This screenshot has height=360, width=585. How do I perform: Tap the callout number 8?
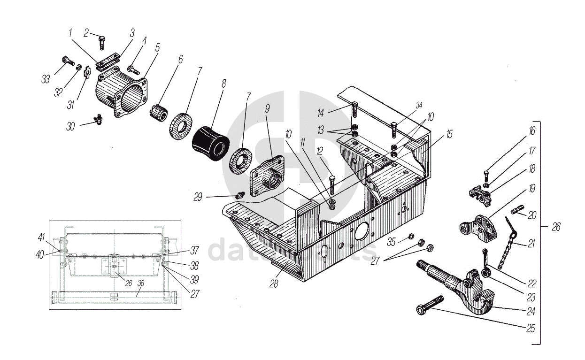point(223,84)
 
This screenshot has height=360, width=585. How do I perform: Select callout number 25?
point(531,329)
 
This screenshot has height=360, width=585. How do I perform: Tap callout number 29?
point(198,197)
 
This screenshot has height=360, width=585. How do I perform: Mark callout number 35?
point(392,242)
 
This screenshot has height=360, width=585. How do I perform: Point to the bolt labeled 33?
point(68,61)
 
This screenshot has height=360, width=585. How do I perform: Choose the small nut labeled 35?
point(410,236)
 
